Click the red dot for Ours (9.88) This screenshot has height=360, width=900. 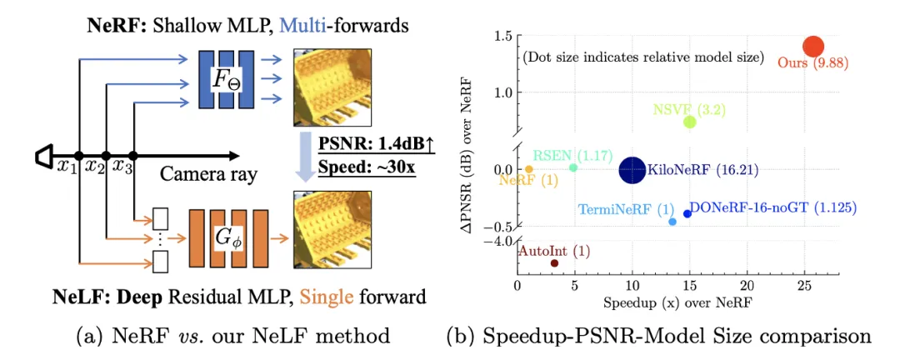coord(812,47)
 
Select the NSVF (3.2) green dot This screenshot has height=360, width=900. coord(689,122)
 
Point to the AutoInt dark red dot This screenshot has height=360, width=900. coord(554,263)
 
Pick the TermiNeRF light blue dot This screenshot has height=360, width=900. coord(672,222)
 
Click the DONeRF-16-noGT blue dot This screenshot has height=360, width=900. coord(687,213)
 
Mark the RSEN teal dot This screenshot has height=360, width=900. coord(573,167)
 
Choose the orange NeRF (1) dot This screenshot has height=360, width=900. coord(529,169)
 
